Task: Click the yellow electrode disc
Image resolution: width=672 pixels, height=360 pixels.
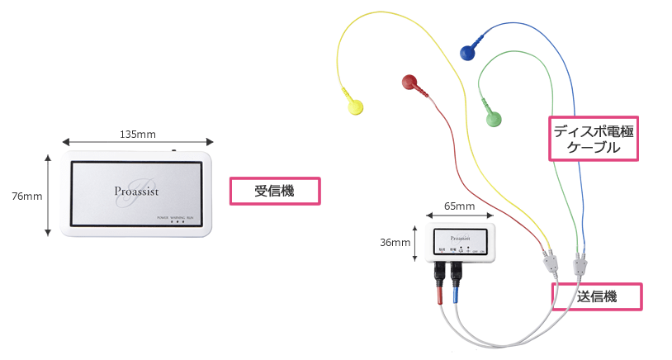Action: (354, 107)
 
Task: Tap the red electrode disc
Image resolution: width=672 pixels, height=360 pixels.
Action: (409, 81)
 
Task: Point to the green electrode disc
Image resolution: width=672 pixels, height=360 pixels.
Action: (494, 121)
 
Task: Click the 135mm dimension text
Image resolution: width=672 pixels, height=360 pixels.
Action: (137, 134)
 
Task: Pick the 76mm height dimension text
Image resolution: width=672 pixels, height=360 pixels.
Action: (26, 197)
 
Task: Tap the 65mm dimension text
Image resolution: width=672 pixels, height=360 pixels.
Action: (459, 206)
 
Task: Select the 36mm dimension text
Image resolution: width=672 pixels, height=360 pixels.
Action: (395, 243)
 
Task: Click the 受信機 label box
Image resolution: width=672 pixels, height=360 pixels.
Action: (274, 191)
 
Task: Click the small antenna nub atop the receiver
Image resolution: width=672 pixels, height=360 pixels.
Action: (174, 150)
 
